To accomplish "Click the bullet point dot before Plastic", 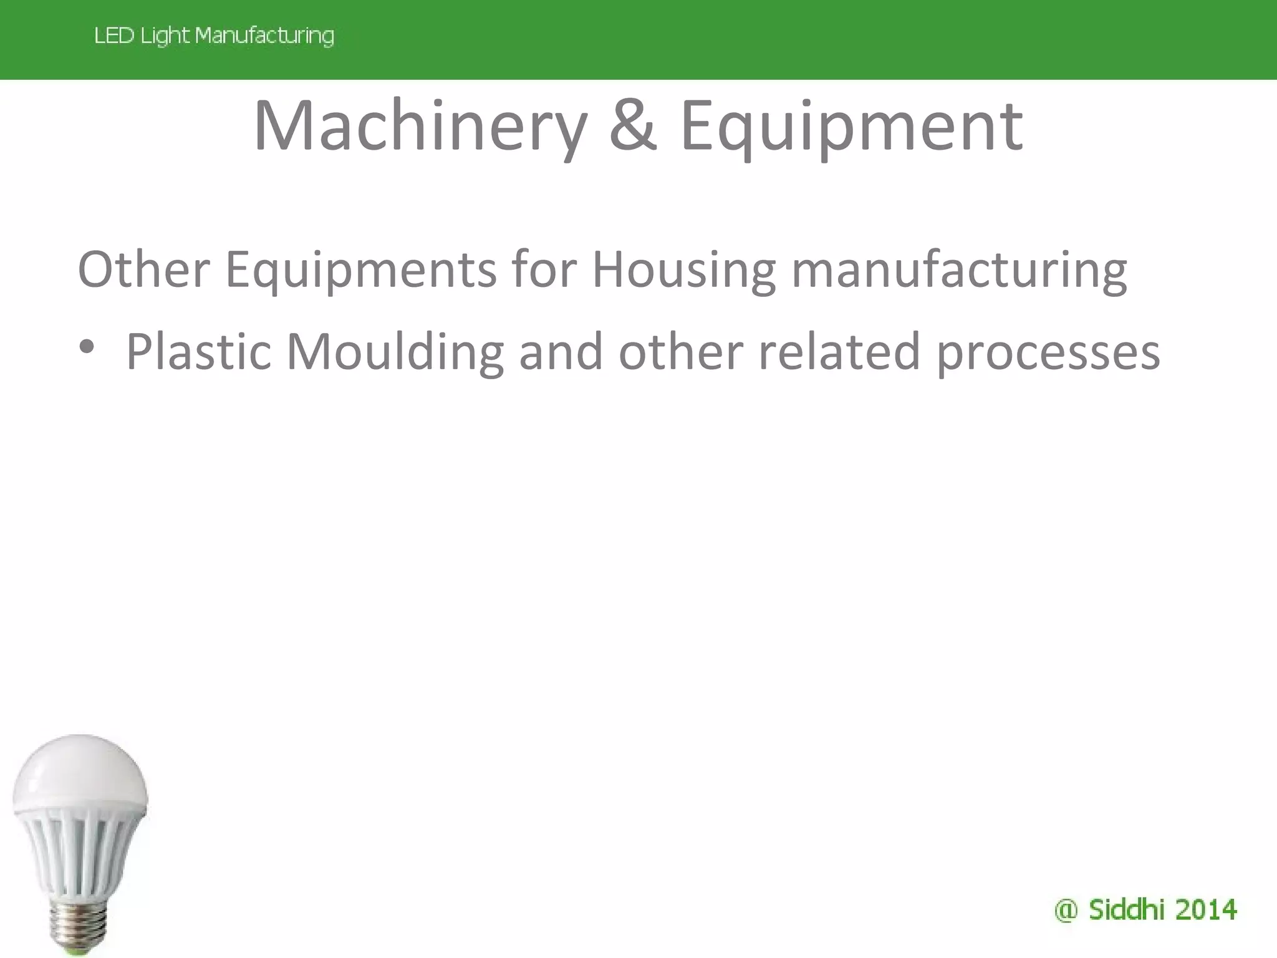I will [87, 346].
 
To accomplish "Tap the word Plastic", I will [198, 352].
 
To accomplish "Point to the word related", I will [839, 352].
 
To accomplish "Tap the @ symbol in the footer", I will [1066, 911].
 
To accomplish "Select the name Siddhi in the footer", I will [1125, 909].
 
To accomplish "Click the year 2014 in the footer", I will [1205, 910].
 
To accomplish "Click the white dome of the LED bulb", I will [79, 773].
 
